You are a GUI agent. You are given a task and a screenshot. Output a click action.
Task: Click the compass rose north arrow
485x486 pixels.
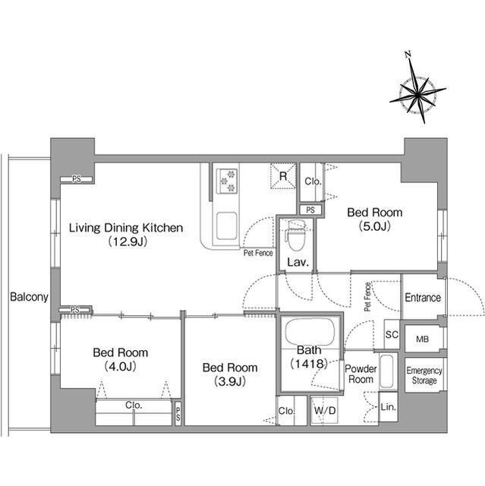tap(417, 90)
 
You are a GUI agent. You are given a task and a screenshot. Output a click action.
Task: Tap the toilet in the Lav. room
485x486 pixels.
tap(296, 235)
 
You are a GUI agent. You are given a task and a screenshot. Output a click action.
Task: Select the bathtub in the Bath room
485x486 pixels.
tap(310, 332)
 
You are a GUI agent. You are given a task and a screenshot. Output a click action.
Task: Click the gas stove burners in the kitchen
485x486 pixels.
tap(227, 181)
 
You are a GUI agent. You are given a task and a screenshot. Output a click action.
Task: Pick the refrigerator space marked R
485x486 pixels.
tap(283, 176)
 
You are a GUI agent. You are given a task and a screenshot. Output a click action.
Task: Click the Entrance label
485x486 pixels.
tap(423, 298)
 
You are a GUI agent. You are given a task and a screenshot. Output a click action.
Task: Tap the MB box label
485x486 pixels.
tap(423, 339)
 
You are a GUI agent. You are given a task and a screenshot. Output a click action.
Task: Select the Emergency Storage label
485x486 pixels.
tap(424, 375)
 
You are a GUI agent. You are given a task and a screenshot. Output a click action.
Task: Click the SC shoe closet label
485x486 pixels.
tap(392, 335)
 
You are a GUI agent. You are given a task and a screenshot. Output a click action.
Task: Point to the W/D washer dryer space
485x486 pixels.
tap(325, 411)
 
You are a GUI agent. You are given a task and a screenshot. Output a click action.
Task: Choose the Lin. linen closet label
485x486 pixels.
tap(389, 407)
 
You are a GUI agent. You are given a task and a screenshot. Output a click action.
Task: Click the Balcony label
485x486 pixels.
tap(29, 297)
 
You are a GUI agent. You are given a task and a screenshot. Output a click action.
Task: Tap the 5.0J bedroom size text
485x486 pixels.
tap(375, 226)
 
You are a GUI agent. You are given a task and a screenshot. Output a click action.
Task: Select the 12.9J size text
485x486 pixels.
tap(128, 241)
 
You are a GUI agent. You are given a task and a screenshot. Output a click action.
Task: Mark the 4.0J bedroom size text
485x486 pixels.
tap(121, 367)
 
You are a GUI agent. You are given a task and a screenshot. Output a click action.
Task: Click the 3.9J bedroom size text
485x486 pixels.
tap(230, 381)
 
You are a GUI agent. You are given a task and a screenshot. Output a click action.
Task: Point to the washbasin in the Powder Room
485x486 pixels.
tap(386, 371)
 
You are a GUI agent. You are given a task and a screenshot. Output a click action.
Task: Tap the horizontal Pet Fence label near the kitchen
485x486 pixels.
tap(258, 253)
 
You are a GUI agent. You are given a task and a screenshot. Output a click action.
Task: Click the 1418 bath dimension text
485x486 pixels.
tap(309, 363)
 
